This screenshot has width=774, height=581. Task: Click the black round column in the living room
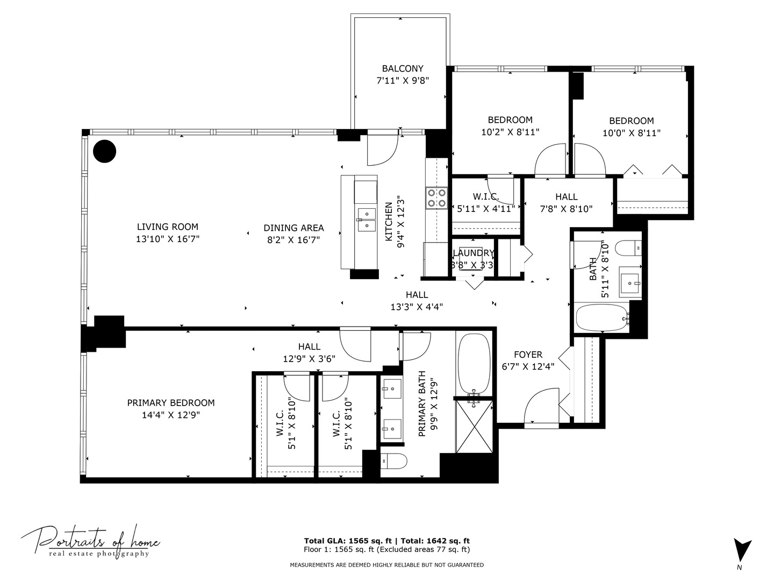click(x=104, y=151)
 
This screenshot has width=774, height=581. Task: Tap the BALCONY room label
click(x=403, y=68)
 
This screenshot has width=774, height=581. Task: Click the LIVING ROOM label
click(x=168, y=227)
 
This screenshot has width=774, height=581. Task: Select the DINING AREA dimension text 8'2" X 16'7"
click(x=293, y=240)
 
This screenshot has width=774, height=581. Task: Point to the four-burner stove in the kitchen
click(x=436, y=198)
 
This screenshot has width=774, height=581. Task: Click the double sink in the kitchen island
click(x=367, y=219)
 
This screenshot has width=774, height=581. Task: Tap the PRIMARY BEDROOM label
click(x=171, y=403)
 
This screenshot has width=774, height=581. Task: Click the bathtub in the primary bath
click(x=474, y=363)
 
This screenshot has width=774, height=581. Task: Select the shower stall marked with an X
click(x=474, y=427)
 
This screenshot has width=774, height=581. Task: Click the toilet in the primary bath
click(x=394, y=461)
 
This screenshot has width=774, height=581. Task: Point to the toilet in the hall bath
click(x=628, y=248)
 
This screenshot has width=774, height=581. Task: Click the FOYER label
click(x=528, y=355)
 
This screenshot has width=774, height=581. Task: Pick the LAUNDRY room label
click(x=474, y=253)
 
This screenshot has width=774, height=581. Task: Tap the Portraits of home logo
click(x=91, y=543)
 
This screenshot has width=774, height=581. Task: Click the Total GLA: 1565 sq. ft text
click(x=348, y=541)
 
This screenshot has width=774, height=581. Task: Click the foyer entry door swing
click(x=542, y=405)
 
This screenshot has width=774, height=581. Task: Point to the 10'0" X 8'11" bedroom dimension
click(x=632, y=133)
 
